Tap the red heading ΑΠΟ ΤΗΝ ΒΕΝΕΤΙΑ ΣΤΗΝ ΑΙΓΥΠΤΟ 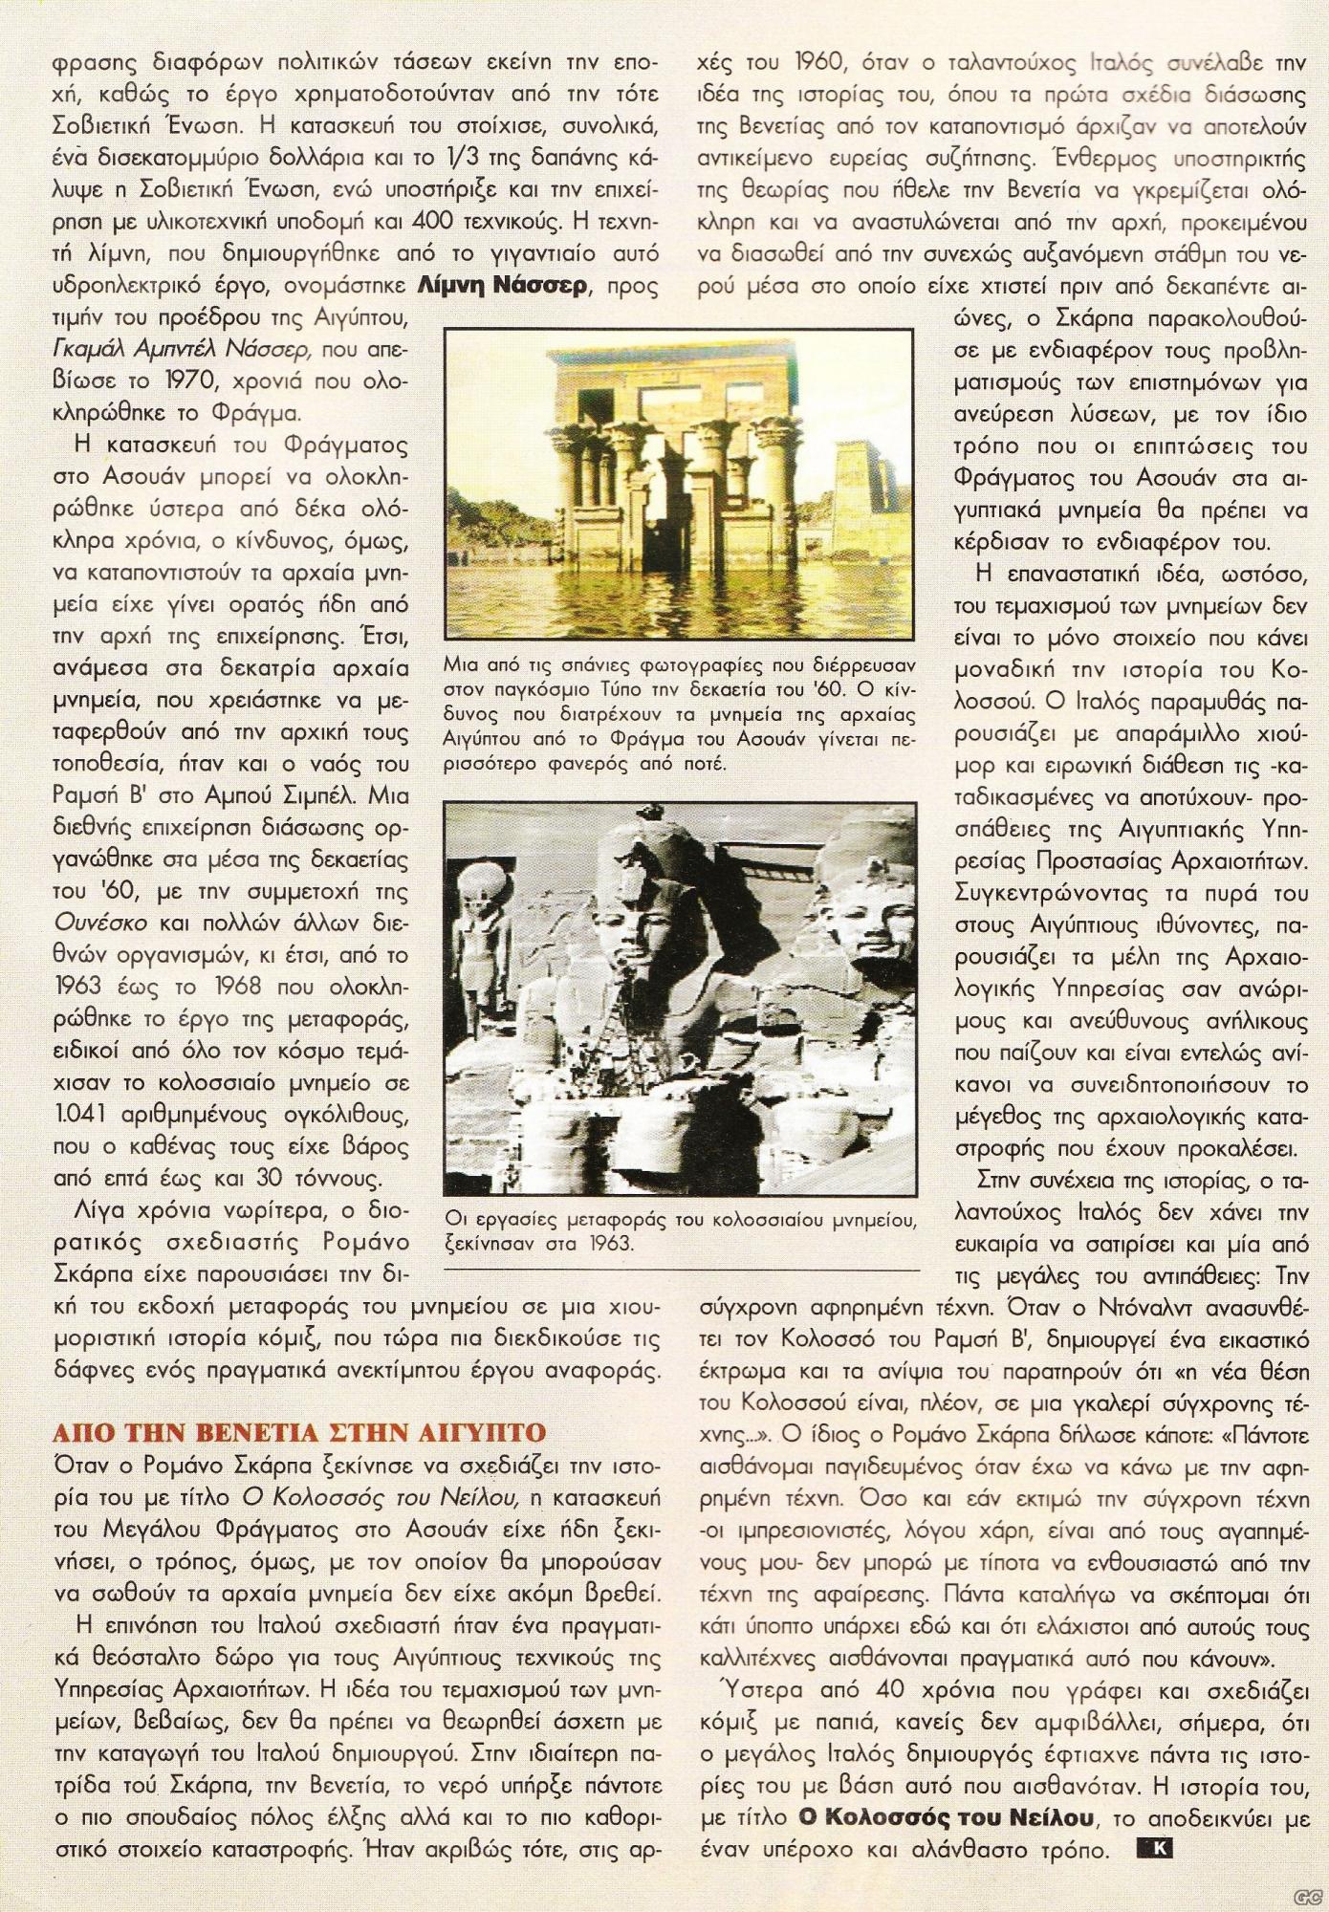(297, 1431)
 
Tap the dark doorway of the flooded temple (663, 535)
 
